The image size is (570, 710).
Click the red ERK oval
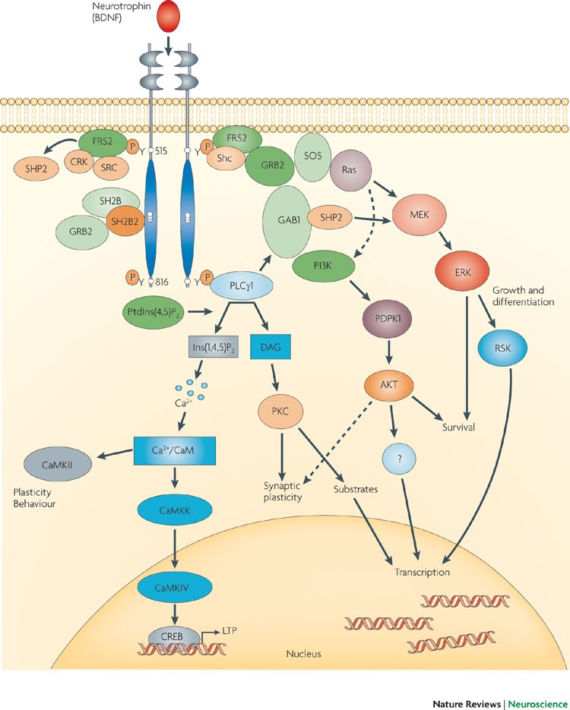[463, 274]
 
